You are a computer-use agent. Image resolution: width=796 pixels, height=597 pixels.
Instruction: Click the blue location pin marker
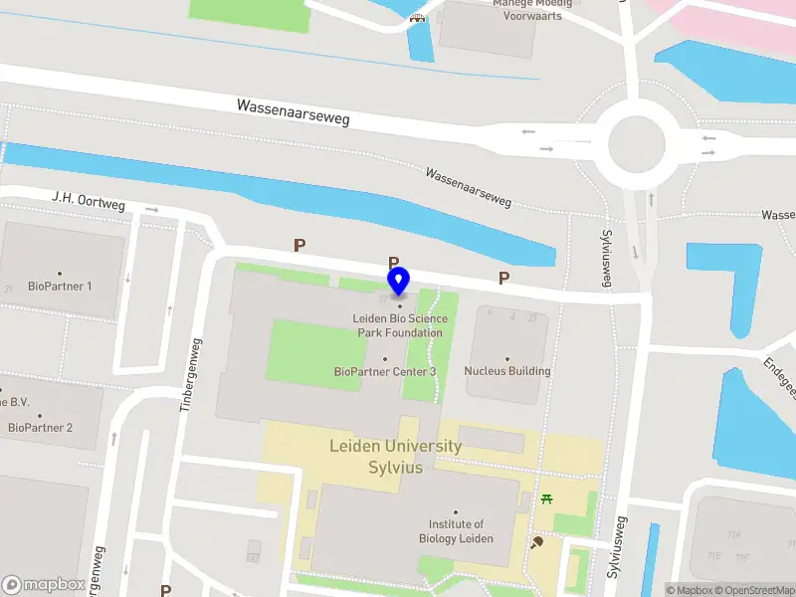399,282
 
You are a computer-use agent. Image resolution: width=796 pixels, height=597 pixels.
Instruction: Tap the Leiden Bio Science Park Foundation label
400,325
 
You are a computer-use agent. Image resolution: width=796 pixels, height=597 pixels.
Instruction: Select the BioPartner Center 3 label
385,371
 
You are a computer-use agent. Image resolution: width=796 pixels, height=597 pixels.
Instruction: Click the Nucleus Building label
507,371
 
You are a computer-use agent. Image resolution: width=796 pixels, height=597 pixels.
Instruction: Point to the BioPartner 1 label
60,286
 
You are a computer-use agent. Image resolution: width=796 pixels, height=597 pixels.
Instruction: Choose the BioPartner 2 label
40,428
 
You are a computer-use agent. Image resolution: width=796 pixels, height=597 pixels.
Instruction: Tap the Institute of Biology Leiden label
456,530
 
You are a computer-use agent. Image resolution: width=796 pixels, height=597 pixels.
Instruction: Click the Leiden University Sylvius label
396,457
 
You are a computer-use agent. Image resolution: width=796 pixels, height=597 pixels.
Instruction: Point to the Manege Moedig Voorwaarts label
532,10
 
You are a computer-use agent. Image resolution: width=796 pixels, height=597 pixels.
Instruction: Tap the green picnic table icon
546,498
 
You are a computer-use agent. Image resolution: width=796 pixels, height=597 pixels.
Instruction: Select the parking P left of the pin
298,245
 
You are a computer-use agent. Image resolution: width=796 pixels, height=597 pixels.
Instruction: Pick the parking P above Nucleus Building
503,279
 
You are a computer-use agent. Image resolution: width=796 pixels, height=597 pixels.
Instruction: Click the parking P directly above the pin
394,263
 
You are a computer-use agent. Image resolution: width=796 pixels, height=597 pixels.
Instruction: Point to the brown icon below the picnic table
538,542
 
